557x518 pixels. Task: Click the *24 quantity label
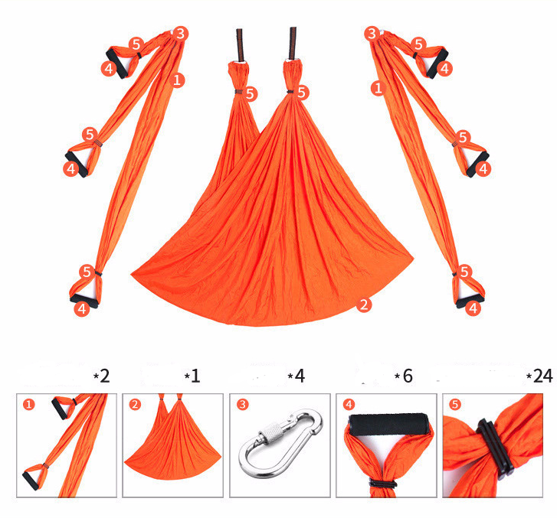[x=539, y=376]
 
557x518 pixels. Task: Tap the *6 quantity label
[x=403, y=376]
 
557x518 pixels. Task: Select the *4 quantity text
[x=296, y=376]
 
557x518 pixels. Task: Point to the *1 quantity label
[x=192, y=376]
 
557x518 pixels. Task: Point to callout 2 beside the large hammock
[x=364, y=305]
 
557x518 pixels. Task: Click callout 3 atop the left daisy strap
[x=180, y=33]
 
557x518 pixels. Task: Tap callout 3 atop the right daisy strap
[x=372, y=33]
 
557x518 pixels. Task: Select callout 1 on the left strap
[x=178, y=79]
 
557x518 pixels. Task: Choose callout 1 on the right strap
[x=377, y=89]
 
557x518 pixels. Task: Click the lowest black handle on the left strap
[x=84, y=300]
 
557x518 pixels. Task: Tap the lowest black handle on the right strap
[x=469, y=301]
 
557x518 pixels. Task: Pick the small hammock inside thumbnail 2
[x=172, y=451]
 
